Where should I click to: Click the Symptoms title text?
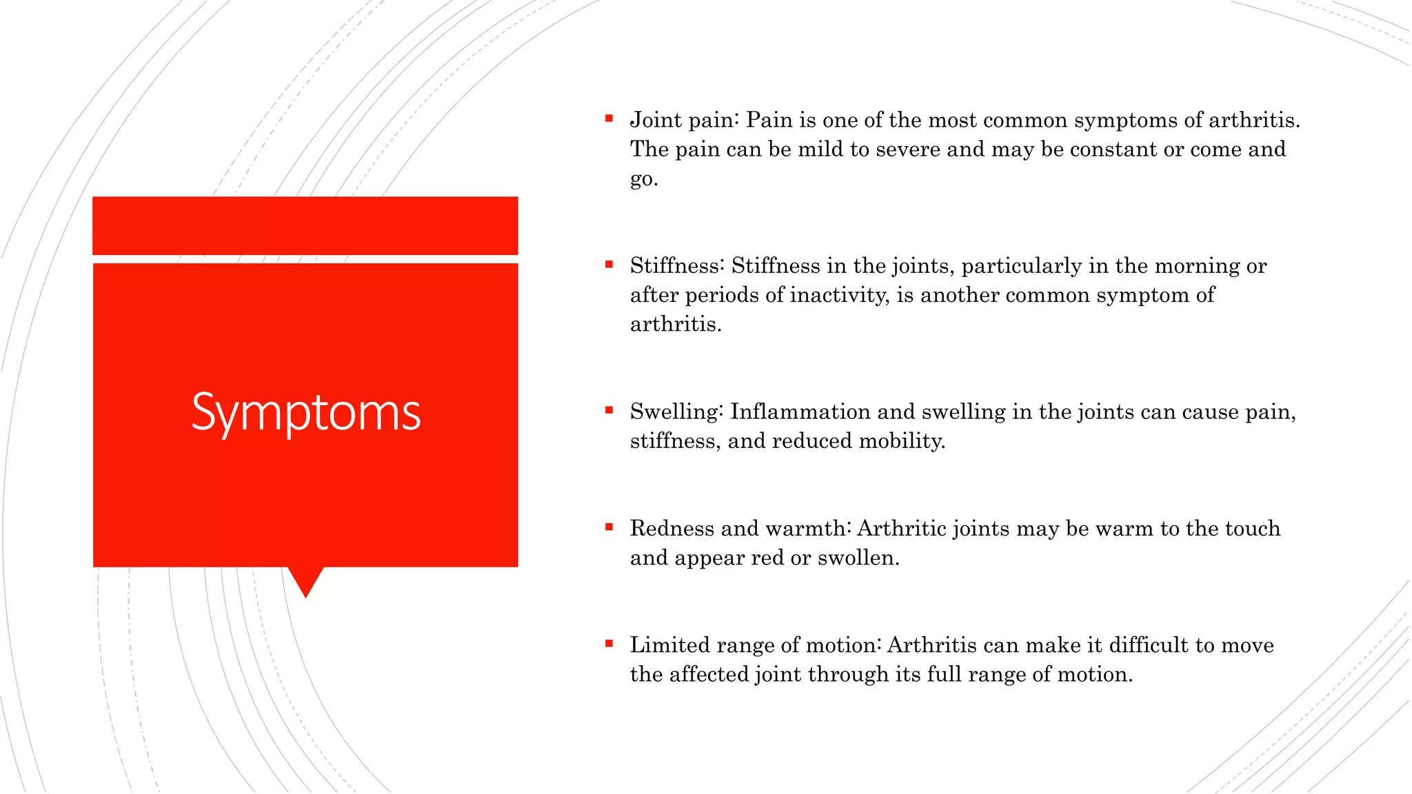(x=305, y=413)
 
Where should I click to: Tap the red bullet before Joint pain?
(x=609, y=119)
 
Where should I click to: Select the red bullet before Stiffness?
(x=609, y=264)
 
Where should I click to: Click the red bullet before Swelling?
(x=609, y=410)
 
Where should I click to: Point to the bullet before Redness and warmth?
(x=609, y=527)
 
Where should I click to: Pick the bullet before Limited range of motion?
(x=609, y=644)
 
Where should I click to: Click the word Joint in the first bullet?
(x=656, y=121)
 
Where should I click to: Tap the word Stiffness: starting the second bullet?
(x=677, y=266)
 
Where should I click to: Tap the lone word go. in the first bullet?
(x=643, y=179)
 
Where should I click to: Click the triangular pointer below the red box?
(x=305, y=579)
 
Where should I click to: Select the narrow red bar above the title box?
(x=305, y=225)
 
